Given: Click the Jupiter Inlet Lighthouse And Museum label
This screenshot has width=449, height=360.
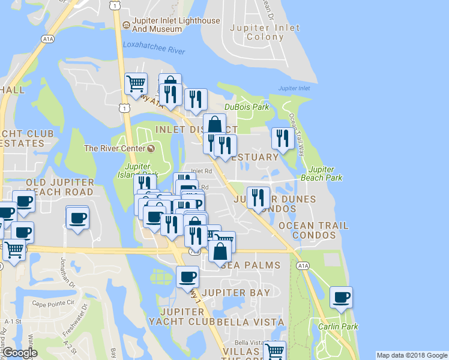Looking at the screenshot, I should point(176,25).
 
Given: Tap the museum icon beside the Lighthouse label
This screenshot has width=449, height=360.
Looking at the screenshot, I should point(126,25).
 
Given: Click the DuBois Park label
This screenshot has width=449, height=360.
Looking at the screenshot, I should point(247,107).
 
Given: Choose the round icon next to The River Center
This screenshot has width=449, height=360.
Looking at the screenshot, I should point(150,148).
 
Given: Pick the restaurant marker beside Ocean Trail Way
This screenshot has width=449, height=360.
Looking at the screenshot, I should point(282,138).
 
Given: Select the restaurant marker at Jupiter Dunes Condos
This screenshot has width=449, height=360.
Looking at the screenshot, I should point(258,197).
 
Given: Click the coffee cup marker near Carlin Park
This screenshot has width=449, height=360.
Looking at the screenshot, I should point(341,297).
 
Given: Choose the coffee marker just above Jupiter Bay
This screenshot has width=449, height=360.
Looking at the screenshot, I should point(187,277).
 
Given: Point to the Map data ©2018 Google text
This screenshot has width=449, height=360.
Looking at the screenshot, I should point(412,355).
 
